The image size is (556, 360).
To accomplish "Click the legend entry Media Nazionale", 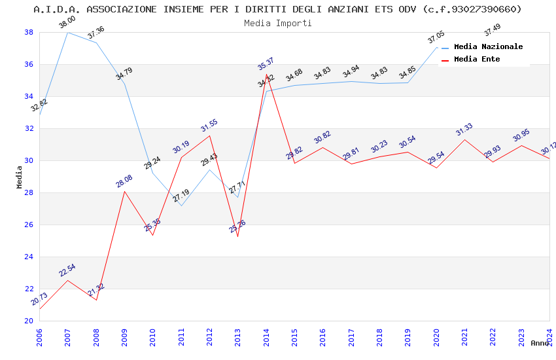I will [488, 46].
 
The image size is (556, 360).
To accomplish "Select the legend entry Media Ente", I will [477, 59].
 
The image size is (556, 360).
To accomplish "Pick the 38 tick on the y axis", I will [29, 32].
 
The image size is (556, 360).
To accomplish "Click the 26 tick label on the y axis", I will [29, 225].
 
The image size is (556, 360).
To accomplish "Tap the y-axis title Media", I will [20, 177].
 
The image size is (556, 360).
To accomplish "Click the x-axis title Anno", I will [540, 343].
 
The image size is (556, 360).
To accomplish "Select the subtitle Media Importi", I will [278, 23].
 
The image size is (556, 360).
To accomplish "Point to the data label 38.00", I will [67, 23].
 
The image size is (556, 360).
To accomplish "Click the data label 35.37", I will [266, 64].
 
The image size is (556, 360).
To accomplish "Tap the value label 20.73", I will [39, 299].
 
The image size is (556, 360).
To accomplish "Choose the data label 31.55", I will [209, 126].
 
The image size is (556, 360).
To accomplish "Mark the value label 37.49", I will [492, 30].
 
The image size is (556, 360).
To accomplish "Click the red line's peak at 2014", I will [266, 75].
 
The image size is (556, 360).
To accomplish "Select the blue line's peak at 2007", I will [67, 32].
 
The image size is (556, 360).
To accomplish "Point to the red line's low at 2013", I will [237, 236].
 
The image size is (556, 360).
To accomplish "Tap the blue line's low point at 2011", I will [181, 206].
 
